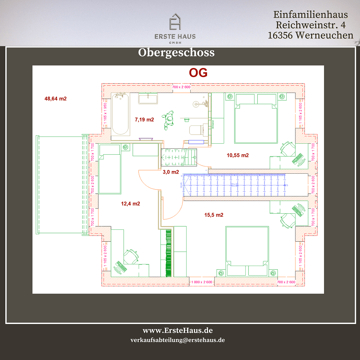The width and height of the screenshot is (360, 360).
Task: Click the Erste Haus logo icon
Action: (x=175, y=22)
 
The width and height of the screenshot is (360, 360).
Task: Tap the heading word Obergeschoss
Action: (x=176, y=53)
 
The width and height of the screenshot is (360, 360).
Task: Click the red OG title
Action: (x=198, y=73)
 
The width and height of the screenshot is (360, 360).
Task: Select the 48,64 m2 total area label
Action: (x=55, y=99)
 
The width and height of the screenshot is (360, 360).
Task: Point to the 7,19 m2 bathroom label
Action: (x=144, y=119)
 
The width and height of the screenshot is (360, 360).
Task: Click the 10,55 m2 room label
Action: (x=238, y=155)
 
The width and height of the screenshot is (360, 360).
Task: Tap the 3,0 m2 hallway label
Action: (x=171, y=172)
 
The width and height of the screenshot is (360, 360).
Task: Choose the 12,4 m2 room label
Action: (x=130, y=204)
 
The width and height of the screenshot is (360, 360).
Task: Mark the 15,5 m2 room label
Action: (x=214, y=215)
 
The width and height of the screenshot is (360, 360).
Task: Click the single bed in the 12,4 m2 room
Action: (x=110, y=169)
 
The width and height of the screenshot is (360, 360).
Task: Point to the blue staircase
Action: (x=233, y=185)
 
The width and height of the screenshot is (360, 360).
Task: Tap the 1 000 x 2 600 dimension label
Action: (x=201, y=282)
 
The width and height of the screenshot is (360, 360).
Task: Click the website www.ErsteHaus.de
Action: (x=178, y=331)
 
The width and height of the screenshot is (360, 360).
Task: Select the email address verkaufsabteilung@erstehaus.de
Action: (x=178, y=340)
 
